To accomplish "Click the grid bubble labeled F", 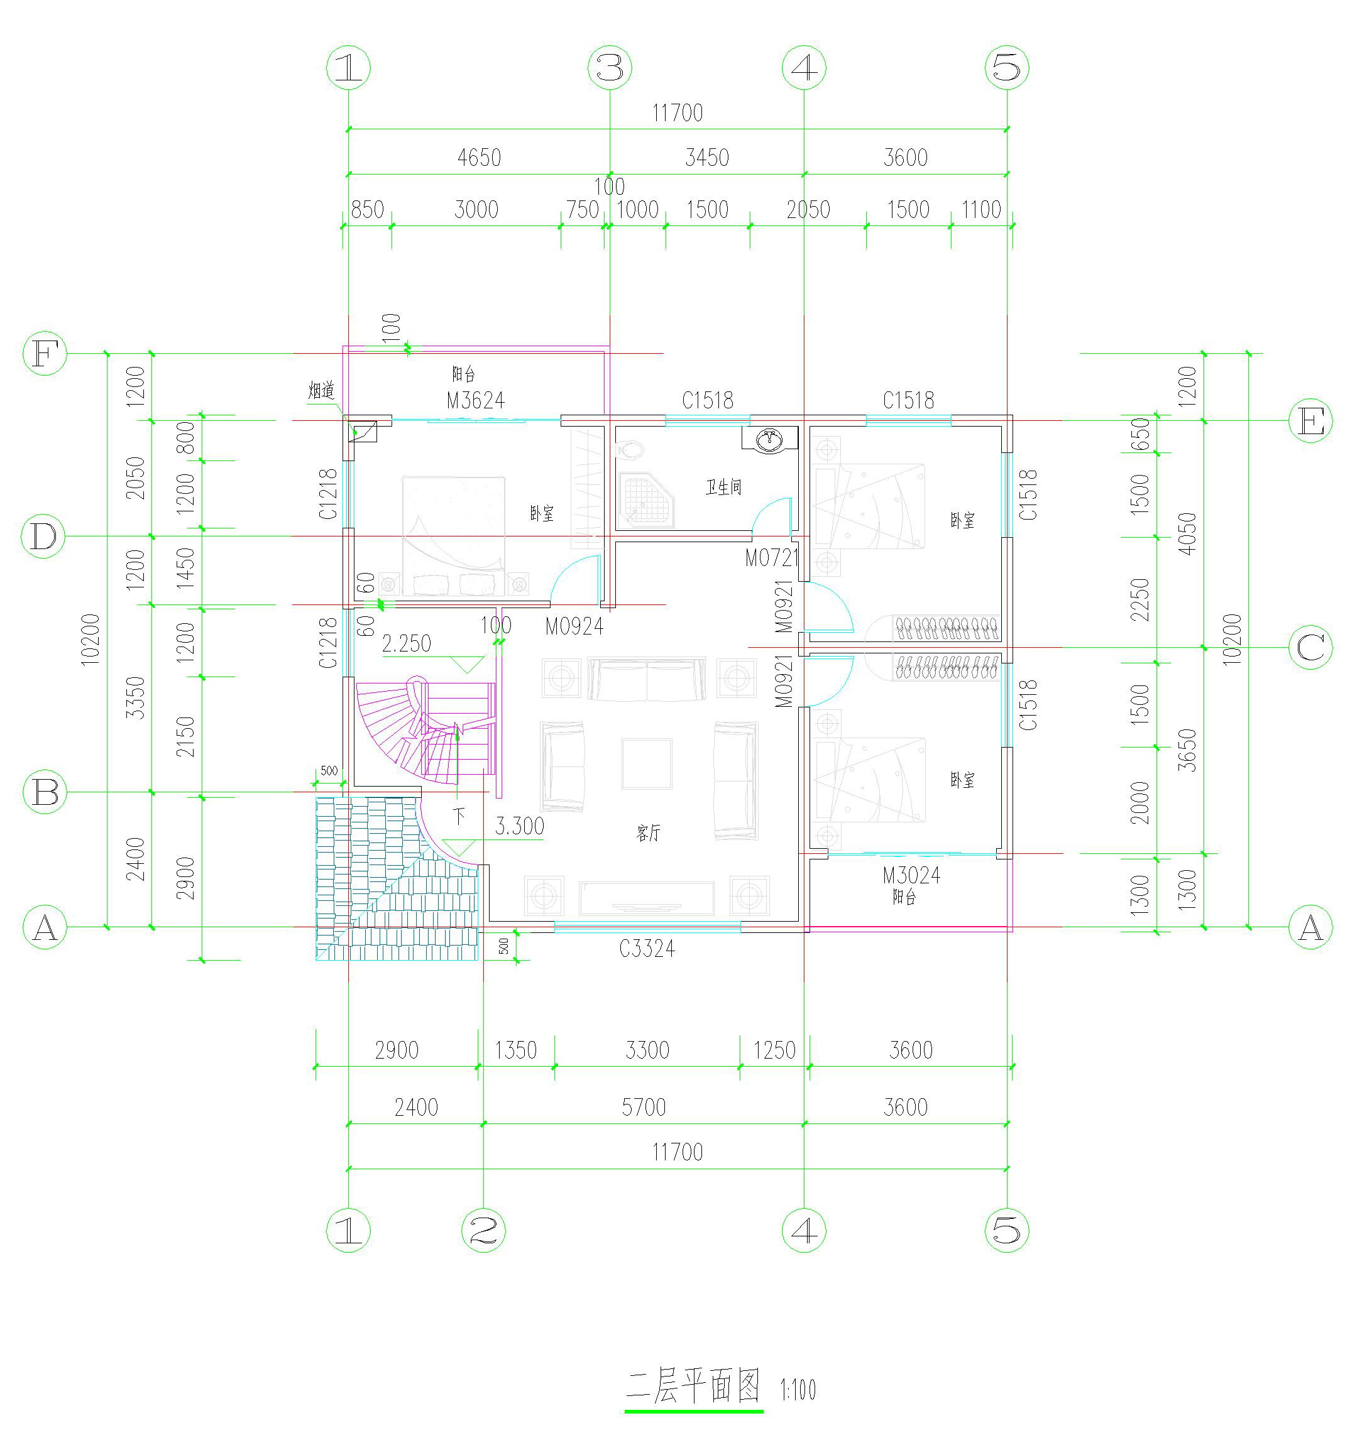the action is pos(45,354).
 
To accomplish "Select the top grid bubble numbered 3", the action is pos(609,68).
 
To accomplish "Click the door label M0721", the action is pos(771,559).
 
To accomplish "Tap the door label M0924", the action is pos(574,626).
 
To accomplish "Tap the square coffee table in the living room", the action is pos(646,763).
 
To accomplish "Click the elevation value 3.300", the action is pos(519,826).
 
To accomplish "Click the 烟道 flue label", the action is pos(321,390).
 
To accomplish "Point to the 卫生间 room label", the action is pos(723,487).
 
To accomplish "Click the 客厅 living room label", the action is pos(649,834).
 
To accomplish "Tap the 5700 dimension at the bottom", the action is pos(644,1108).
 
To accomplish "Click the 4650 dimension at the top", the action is pos(479,158).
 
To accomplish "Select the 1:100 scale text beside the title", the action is pos(798,1390).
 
